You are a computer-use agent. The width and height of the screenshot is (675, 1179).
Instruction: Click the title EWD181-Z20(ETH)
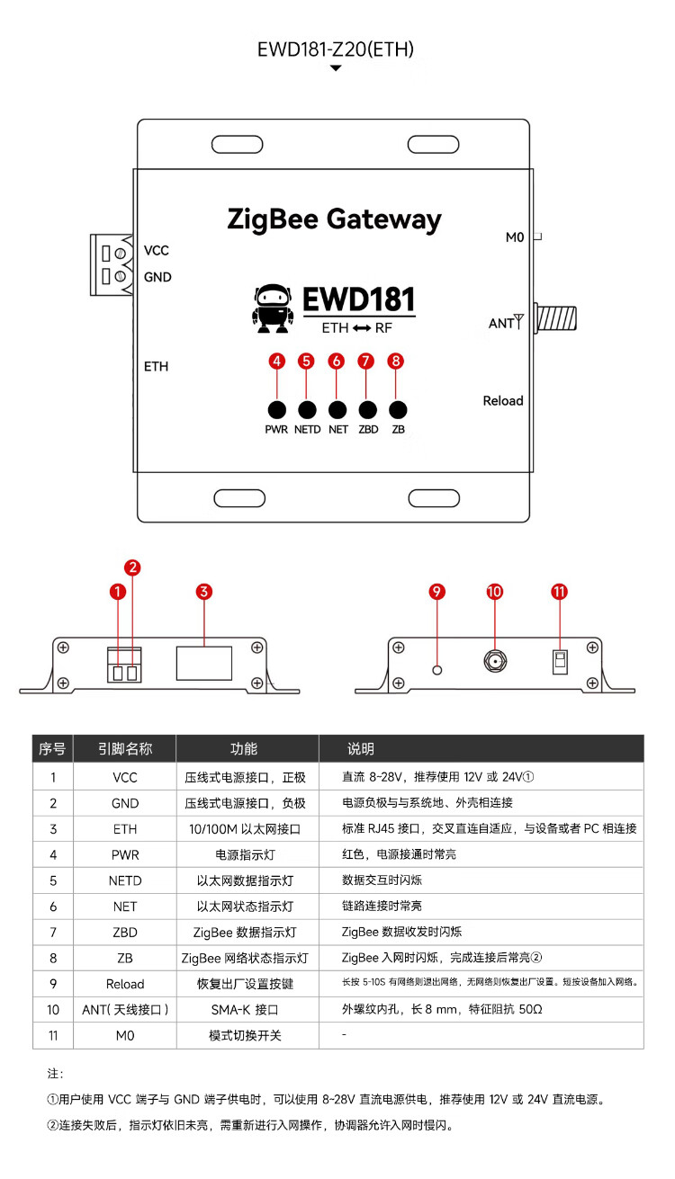coord(336,49)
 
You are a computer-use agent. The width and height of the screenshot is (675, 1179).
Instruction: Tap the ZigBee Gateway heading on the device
coord(334,219)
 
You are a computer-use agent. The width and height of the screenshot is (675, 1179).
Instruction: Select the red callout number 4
coord(277,361)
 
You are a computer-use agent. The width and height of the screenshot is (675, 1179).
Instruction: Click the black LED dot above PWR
coord(277,409)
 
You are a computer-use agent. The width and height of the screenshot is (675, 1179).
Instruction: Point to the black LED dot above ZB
coord(398,409)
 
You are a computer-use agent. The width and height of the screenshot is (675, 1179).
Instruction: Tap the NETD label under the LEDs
coord(307,430)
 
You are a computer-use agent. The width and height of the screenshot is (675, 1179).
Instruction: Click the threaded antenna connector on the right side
coord(556,318)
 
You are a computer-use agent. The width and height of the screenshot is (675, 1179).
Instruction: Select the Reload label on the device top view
coord(502,401)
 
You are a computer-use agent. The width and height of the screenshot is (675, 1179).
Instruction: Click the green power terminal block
coord(107,264)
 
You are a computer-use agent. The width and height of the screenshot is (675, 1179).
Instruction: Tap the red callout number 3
coord(204,591)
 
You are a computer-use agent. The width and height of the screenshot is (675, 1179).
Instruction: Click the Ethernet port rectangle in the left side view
coord(204,663)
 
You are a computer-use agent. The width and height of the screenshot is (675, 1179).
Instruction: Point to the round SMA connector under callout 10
coord(494,663)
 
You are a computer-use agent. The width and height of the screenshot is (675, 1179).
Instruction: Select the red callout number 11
coord(560,591)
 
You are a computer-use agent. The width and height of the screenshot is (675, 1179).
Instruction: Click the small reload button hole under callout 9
coord(437,669)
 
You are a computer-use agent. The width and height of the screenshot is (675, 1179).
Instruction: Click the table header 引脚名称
coord(125,749)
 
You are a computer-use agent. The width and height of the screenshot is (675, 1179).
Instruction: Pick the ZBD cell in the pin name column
coord(125,933)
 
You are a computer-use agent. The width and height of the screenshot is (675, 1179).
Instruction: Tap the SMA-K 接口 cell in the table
coord(246,1010)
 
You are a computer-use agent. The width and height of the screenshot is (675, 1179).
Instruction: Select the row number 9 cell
coord(53,984)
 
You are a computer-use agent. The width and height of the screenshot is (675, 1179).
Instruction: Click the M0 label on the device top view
coord(515,237)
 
